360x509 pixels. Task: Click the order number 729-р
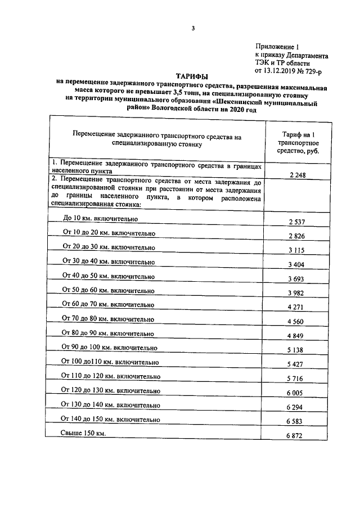(x=314, y=71)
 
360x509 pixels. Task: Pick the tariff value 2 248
(x=298, y=175)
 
